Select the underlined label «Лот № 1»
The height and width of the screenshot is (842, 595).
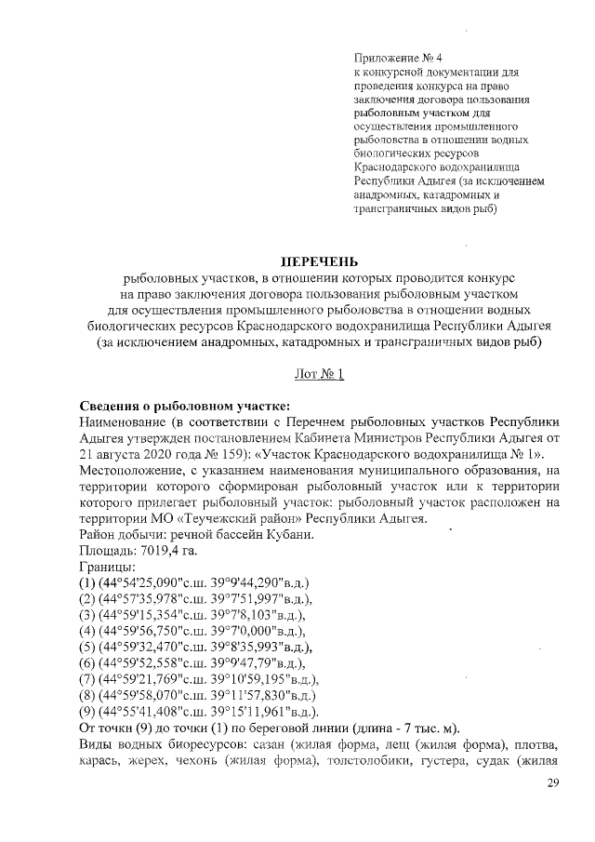coord(319,374)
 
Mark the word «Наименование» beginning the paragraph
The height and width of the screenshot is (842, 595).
coord(125,422)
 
